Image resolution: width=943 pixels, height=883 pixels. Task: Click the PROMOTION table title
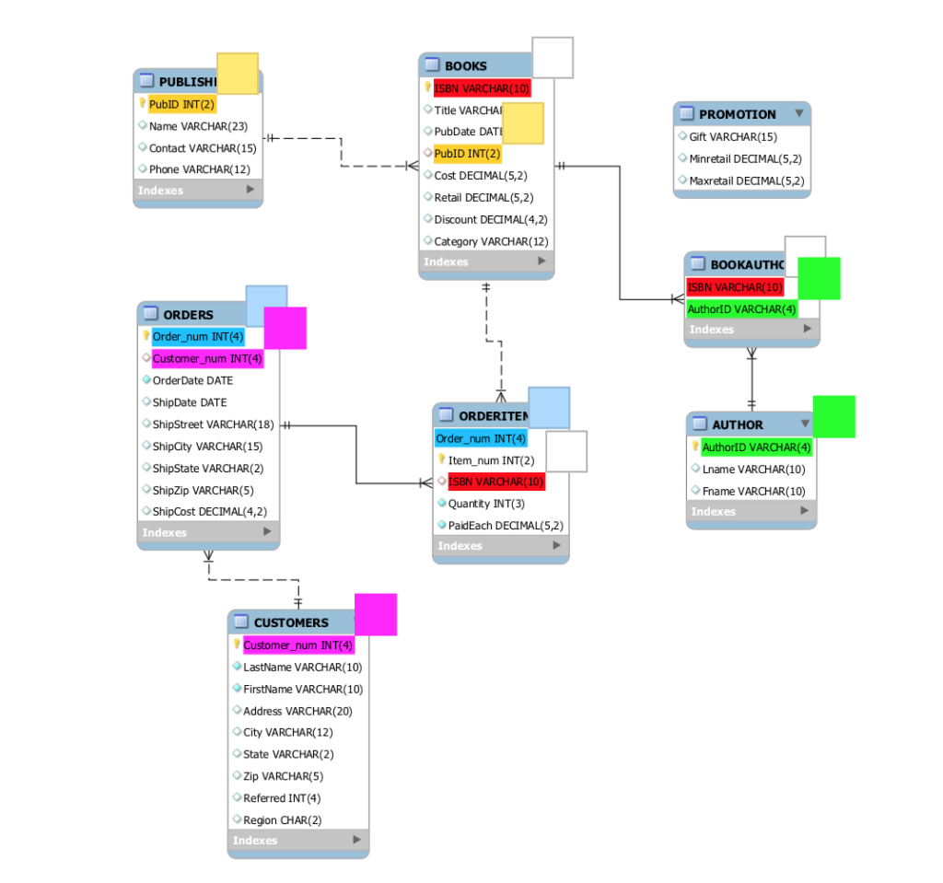click(x=737, y=114)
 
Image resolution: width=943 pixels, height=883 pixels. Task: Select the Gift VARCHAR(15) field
click(x=733, y=137)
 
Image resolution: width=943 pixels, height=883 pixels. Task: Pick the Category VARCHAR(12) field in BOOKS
click(x=491, y=241)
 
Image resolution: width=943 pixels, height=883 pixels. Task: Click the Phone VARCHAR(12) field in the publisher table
click(x=199, y=169)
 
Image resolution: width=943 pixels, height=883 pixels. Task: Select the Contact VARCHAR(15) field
click(x=203, y=147)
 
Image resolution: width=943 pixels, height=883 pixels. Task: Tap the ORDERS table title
click(x=188, y=315)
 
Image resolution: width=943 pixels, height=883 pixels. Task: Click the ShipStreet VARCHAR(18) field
click(x=213, y=424)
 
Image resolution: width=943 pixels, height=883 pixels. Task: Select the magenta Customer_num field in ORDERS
click(x=207, y=358)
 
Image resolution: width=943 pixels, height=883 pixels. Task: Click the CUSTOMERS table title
click(x=291, y=622)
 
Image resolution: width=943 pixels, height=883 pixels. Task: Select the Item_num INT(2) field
click(x=491, y=460)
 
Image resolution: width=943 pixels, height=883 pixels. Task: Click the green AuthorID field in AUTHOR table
click(x=756, y=447)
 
